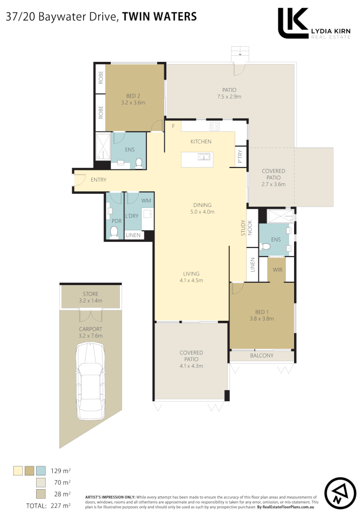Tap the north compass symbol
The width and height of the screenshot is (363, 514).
341,492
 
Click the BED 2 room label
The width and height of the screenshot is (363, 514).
133,95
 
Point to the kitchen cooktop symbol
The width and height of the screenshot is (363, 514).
214,127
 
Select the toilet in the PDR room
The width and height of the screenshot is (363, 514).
114,232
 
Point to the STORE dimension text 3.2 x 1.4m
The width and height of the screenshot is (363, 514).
90,301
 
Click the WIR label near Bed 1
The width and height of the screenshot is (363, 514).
278,269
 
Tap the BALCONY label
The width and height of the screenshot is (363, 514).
262,356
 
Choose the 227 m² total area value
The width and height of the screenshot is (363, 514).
61,506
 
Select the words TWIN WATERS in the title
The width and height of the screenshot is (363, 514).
159,17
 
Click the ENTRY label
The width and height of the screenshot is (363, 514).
98,179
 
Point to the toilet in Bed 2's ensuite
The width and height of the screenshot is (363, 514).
139,163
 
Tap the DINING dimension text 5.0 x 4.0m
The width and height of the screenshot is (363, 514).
202,212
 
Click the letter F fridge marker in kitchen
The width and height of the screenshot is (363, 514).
173,126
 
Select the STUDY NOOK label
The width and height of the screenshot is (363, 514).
246,228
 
